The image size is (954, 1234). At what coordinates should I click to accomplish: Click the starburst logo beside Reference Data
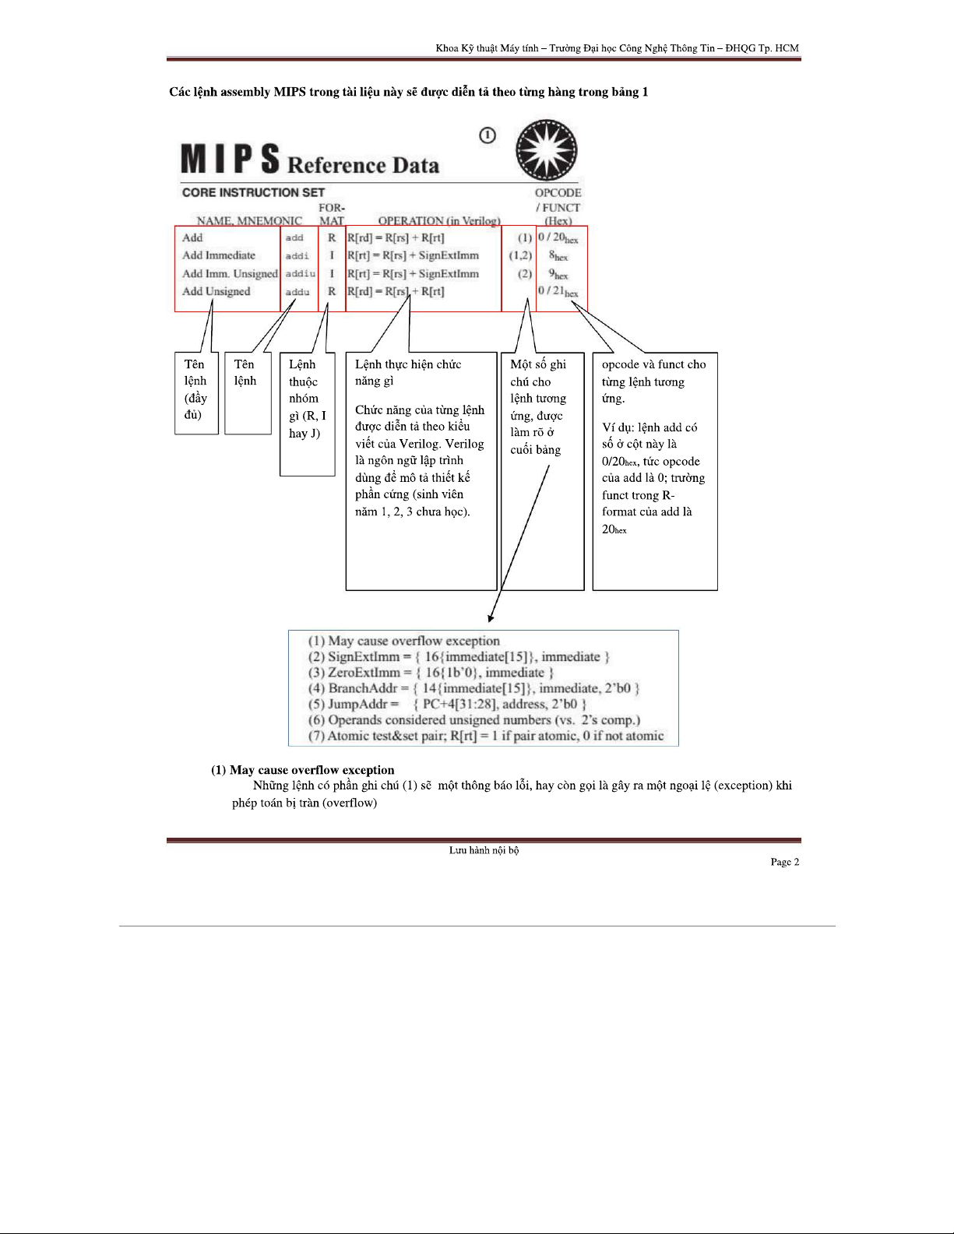tap(546, 151)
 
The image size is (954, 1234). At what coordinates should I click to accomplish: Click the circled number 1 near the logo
tap(488, 135)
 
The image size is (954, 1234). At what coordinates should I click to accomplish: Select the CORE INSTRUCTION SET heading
tap(253, 192)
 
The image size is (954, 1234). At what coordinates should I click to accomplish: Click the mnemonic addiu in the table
tap(300, 273)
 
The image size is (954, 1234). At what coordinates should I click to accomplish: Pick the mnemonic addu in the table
tap(297, 292)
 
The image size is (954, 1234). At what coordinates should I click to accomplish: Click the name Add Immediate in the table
tap(219, 255)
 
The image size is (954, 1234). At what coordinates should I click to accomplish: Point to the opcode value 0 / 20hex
tap(558, 237)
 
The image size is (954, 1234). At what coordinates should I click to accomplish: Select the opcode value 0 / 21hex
tap(558, 291)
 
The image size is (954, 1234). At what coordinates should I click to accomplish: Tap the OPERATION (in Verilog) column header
tap(439, 220)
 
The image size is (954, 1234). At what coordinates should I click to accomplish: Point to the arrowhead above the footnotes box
tap(490, 618)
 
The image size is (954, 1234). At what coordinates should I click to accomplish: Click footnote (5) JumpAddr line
tap(447, 704)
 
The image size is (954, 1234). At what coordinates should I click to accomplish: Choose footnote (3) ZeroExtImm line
tap(431, 673)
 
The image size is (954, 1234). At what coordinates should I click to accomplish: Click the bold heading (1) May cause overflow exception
tap(302, 770)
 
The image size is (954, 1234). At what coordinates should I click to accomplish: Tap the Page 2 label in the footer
tap(784, 862)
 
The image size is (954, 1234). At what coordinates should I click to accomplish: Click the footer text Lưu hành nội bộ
tap(484, 850)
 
